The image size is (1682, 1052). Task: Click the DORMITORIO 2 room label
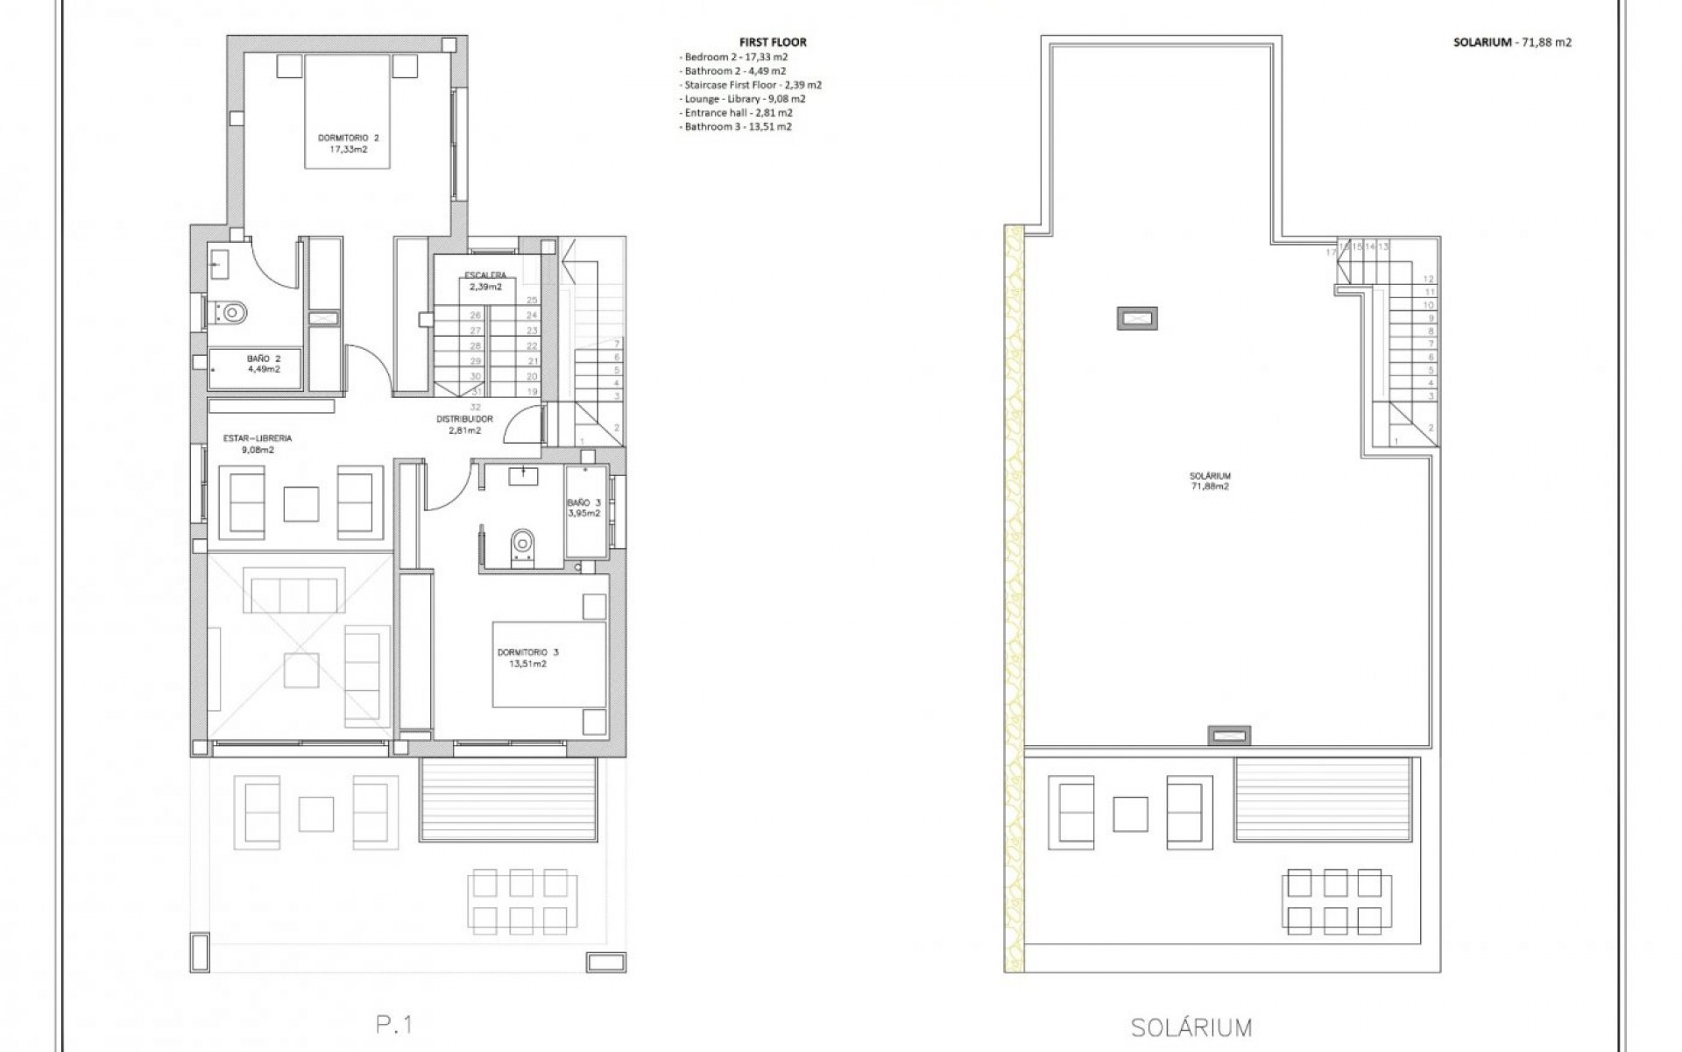point(348,144)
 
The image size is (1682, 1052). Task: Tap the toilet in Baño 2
point(232,310)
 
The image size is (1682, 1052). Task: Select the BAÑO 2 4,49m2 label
point(263,364)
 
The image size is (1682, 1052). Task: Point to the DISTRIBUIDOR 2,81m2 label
point(464,424)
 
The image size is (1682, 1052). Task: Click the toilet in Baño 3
point(523,543)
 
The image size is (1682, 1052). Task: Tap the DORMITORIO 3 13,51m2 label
point(527,657)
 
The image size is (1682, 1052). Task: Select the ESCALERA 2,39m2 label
point(484,281)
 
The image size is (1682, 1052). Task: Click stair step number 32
point(475,407)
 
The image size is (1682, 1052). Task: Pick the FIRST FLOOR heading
point(773,42)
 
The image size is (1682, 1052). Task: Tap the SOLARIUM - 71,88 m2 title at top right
point(1512,42)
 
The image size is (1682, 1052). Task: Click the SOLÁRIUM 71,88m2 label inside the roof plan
point(1210,480)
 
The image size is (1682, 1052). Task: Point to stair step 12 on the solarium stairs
point(1429,279)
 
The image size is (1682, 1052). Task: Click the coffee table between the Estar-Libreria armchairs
point(301,502)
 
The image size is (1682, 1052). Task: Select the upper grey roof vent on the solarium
point(1137,318)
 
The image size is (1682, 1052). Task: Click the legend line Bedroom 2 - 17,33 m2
point(732,57)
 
